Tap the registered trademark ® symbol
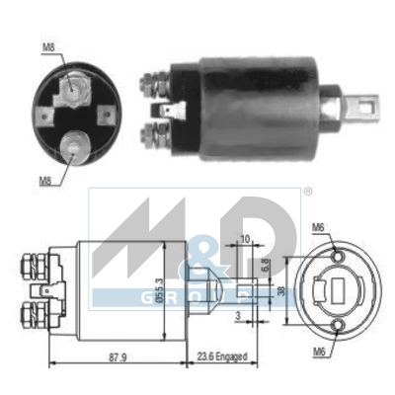coord(279,191)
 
